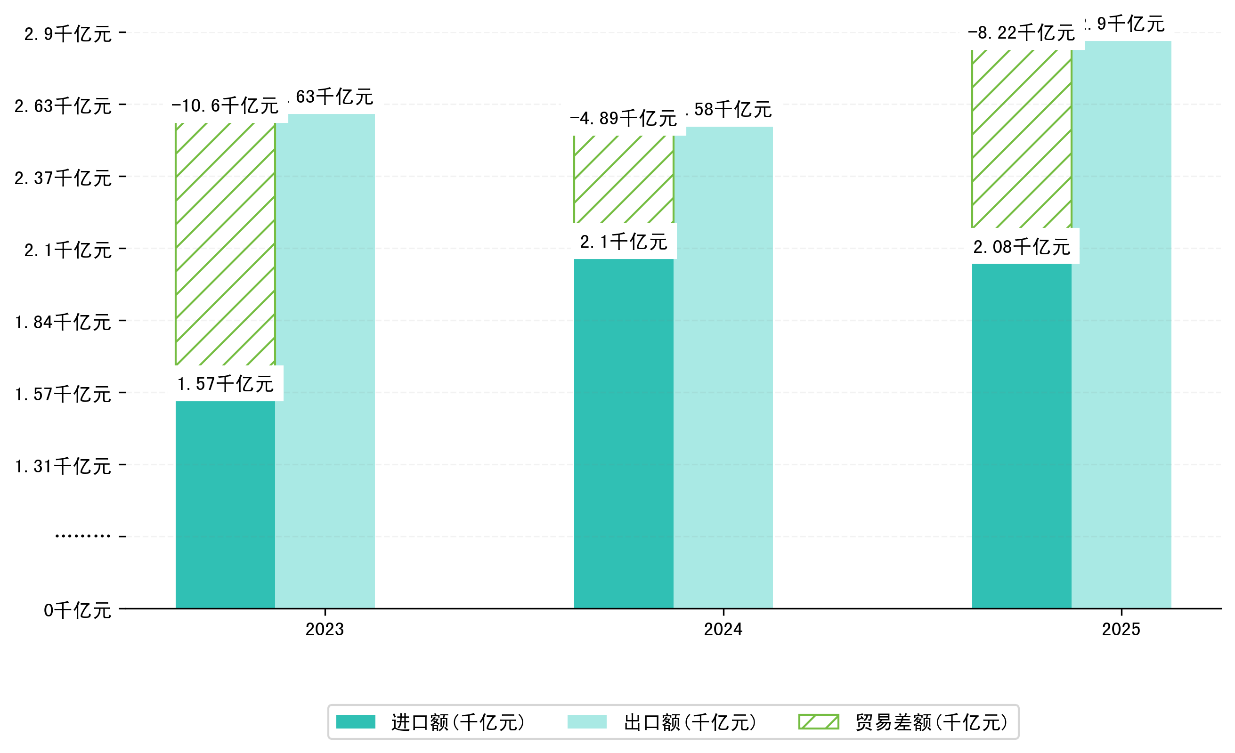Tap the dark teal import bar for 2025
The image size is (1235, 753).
1022,436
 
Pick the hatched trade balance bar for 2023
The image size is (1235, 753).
225,244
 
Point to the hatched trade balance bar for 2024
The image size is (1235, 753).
623,179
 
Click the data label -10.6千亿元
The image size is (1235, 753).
225,105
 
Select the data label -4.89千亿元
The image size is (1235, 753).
623,118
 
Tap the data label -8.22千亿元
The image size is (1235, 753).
1021,33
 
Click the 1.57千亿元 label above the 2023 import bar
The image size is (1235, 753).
225,384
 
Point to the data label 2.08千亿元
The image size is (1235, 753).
1022,247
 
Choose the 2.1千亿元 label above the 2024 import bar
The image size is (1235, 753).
623,242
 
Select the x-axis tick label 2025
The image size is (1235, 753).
1121,629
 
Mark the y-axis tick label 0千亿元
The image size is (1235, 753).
77,610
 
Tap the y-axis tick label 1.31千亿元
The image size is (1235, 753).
63,466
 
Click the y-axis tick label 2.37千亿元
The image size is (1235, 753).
63,178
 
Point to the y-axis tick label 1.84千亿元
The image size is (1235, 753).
63,322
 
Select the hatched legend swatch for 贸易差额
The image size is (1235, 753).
818,722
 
